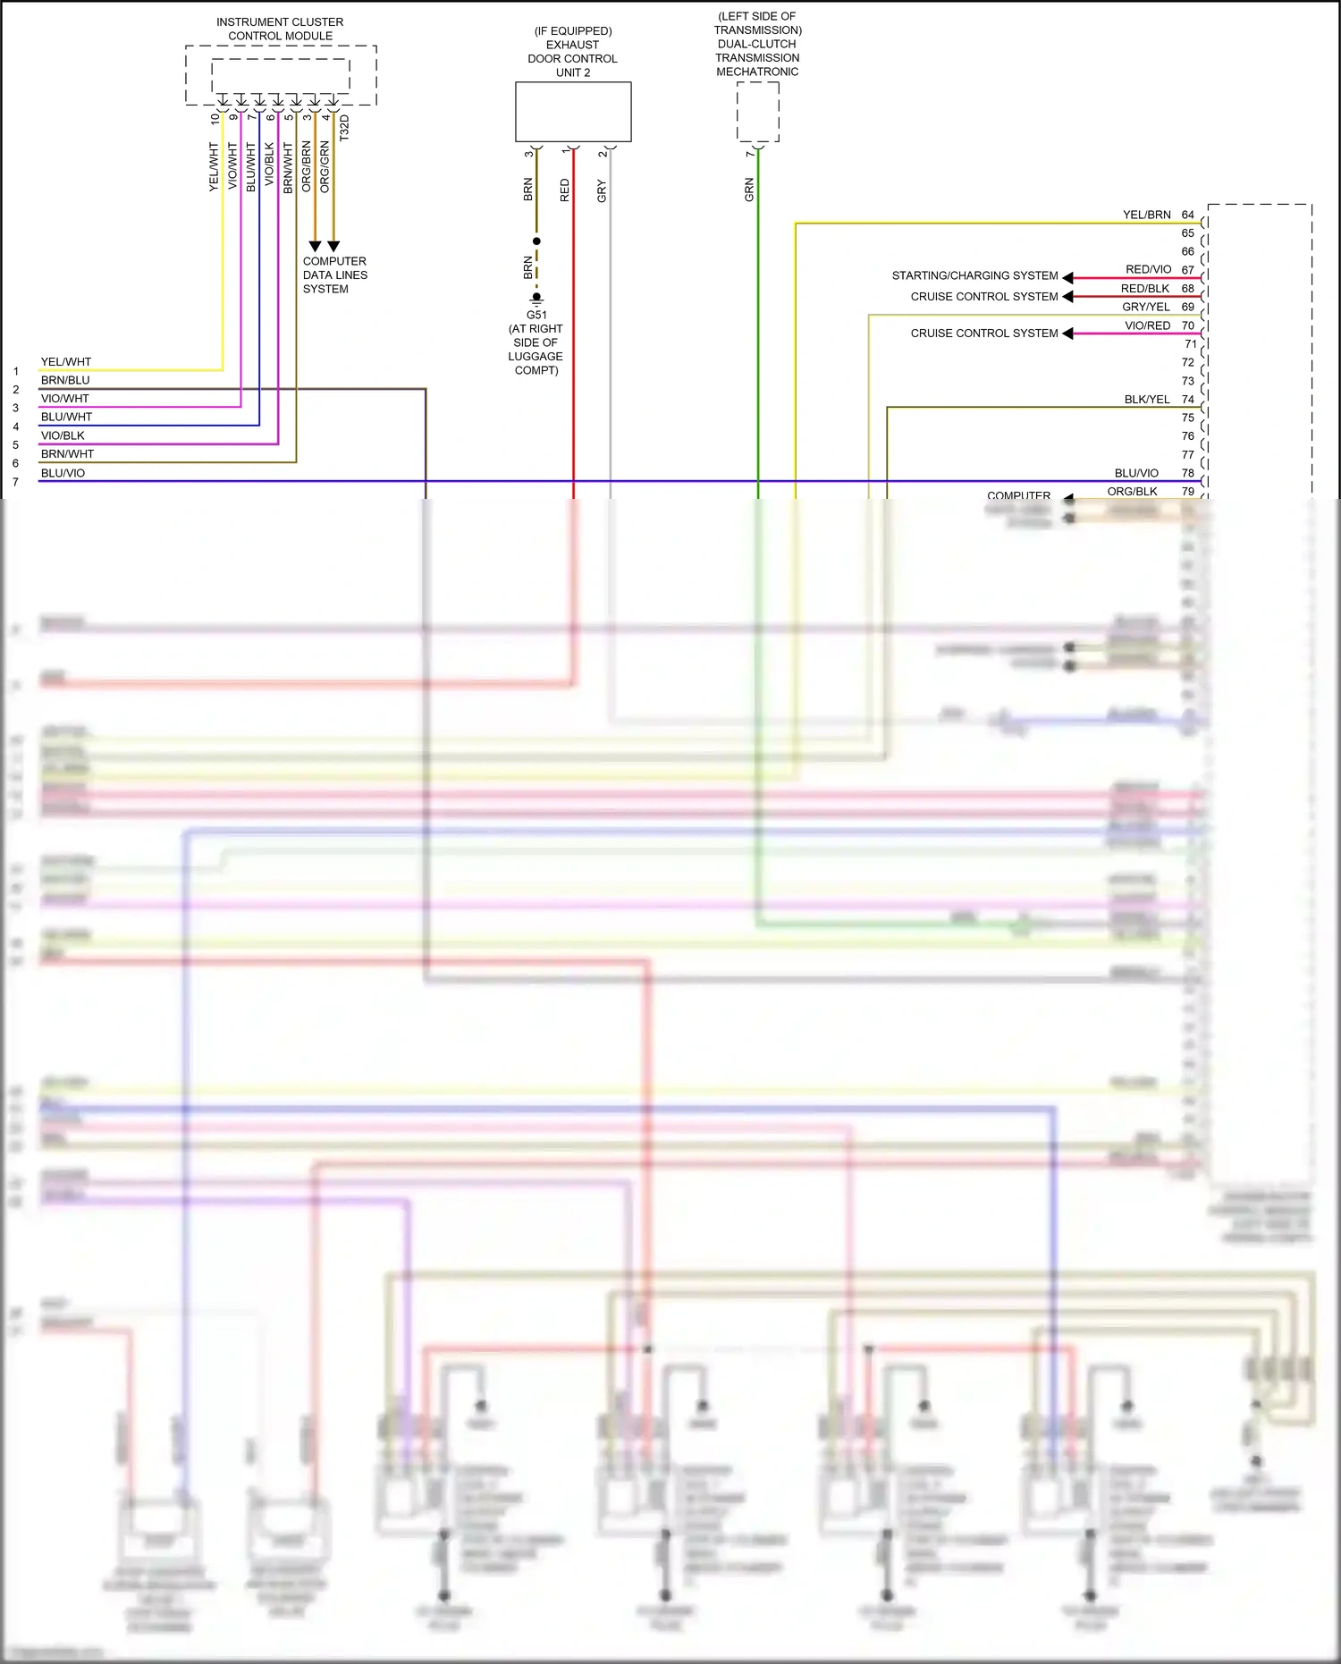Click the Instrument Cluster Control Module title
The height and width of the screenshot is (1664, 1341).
(x=280, y=29)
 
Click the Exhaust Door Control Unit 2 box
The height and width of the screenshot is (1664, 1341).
(x=573, y=112)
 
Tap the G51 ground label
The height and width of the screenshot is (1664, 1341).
(x=536, y=315)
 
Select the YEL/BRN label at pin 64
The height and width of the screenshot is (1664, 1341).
(x=1146, y=215)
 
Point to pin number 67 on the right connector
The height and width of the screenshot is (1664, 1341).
(x=1187, y=270)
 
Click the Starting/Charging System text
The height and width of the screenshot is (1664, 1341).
(x=974, y=275)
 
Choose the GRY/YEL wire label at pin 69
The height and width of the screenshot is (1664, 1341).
(x=1145, y=307)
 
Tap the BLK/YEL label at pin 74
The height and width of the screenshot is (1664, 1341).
(x=1146, y=400)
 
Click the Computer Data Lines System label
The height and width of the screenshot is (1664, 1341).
(x=334, y=275)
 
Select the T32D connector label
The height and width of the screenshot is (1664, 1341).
(x=345, y=127)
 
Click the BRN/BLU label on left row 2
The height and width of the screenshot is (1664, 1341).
(x=65, y=380)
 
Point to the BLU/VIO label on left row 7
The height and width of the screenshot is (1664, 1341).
(x=63, y=473)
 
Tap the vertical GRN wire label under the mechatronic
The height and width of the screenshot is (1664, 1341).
(x=749, y=190)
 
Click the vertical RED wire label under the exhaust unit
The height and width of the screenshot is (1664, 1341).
(x=564, y=190)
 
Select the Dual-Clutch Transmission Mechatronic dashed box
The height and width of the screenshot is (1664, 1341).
(x=757, y=112)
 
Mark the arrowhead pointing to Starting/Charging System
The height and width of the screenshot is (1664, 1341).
(x=1067, y=277)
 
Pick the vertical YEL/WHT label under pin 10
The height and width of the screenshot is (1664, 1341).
(x=214, y=166)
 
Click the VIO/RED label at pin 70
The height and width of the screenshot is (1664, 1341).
(x=1147, y=325)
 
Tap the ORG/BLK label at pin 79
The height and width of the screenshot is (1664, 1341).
(x=1132, y=491)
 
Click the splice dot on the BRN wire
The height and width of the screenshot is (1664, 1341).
(x=536, y=241)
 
